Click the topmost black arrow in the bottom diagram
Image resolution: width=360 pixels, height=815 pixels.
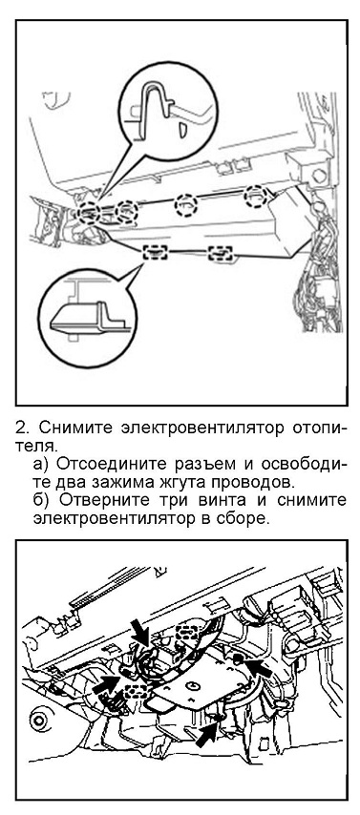tap(141, 633)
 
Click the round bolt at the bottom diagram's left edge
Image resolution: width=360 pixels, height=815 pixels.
tap(37, 721)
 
